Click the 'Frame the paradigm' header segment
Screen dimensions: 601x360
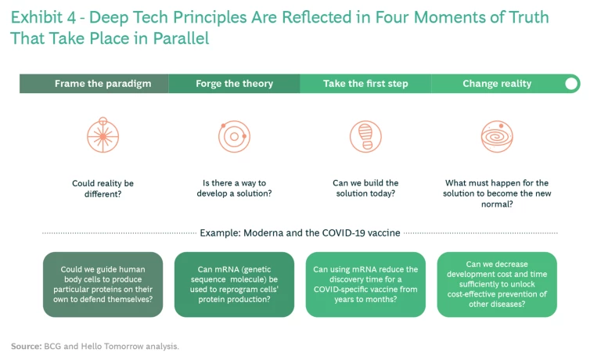94,84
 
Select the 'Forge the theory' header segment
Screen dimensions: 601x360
234,84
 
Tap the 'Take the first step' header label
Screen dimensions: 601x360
365,84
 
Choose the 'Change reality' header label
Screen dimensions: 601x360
497,84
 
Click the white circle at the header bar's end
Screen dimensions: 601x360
571,84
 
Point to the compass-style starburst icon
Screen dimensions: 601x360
103,135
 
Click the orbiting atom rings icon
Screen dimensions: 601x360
234,136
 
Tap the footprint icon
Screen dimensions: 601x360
365,136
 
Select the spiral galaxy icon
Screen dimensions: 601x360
497,136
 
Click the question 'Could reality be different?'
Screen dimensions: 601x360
103,189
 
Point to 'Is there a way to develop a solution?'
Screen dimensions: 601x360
234,189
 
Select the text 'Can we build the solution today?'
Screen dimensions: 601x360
365,189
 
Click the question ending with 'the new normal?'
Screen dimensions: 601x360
497,193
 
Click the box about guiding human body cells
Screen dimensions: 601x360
103,284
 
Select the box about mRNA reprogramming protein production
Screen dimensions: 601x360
234,284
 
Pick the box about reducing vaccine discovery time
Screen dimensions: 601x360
365,284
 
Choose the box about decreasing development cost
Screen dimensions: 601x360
497,284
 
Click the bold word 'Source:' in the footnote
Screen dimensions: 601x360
26,346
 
